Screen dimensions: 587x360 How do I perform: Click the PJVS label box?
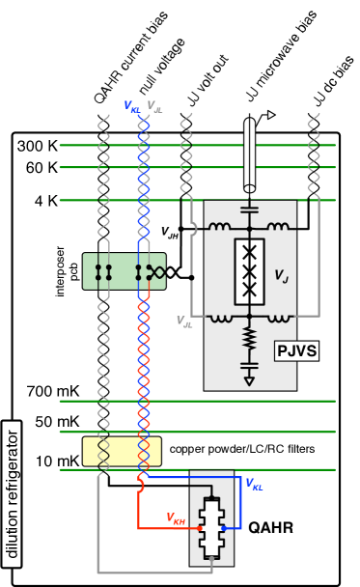pos(296,350)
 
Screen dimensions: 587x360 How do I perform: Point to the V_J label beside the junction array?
pos(281,276)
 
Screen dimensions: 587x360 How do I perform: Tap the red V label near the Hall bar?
pos(176,518)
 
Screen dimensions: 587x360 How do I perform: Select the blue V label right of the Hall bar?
pos(254,483)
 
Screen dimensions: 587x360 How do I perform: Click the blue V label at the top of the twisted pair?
pos(132,106)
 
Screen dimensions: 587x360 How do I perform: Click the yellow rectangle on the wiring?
pos(122,451)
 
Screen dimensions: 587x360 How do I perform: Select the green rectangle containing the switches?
pos(124,271)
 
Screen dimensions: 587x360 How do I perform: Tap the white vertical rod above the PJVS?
pos(249,154)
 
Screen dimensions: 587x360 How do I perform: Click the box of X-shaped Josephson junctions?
pos(249,271)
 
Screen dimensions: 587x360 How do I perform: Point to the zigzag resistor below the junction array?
pos(249,339)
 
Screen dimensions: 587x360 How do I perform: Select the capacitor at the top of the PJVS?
pos(249,209)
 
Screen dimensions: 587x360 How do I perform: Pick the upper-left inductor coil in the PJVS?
pos(220,228)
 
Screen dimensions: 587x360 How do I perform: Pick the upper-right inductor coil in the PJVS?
pos(278,228)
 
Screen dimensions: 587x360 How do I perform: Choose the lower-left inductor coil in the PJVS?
pos(220,316)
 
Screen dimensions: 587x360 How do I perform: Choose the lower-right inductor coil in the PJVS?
pos(278,316)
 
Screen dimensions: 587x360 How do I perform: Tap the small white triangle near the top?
pos(271,115)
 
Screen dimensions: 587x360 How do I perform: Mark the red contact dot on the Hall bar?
pos(199,528)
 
